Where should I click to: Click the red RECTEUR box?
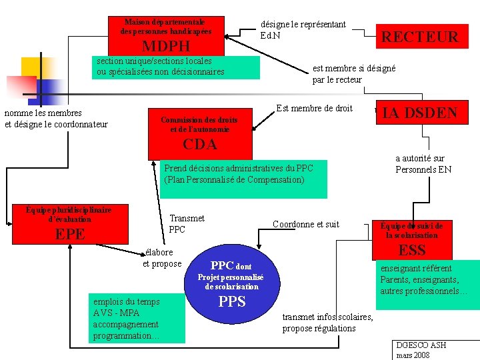coord(419,37)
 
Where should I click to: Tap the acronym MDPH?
coord(166,47)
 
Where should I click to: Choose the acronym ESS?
coord(411,250)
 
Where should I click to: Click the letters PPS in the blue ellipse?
coord(232,301)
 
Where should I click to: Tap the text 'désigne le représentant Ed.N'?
coord(303,29)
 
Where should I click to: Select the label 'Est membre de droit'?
coord(314,108)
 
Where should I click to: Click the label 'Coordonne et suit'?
coord(306,224)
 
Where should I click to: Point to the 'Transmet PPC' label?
coord(187,224)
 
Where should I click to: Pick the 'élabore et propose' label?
coord(162,258)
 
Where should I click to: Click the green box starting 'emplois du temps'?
coord(137,319)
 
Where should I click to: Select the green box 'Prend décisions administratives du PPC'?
coord(243,179)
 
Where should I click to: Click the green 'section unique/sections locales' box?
coord(175,67)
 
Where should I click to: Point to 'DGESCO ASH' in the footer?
coord(421,345)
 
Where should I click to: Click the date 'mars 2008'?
coord(413,355)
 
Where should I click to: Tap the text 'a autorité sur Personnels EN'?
coord(423,164)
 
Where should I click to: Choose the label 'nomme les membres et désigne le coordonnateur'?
coord(56,119)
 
